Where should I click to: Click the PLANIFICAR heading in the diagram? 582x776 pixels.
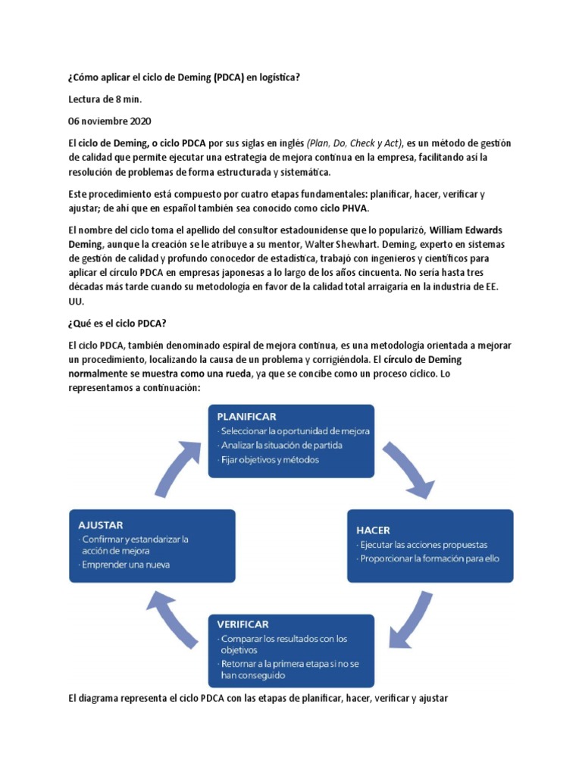click(246, 416)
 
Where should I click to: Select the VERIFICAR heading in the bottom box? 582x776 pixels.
click(242, 624)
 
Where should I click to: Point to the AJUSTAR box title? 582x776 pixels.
click(101, 524)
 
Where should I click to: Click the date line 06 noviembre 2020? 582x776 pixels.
click(110, 121)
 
